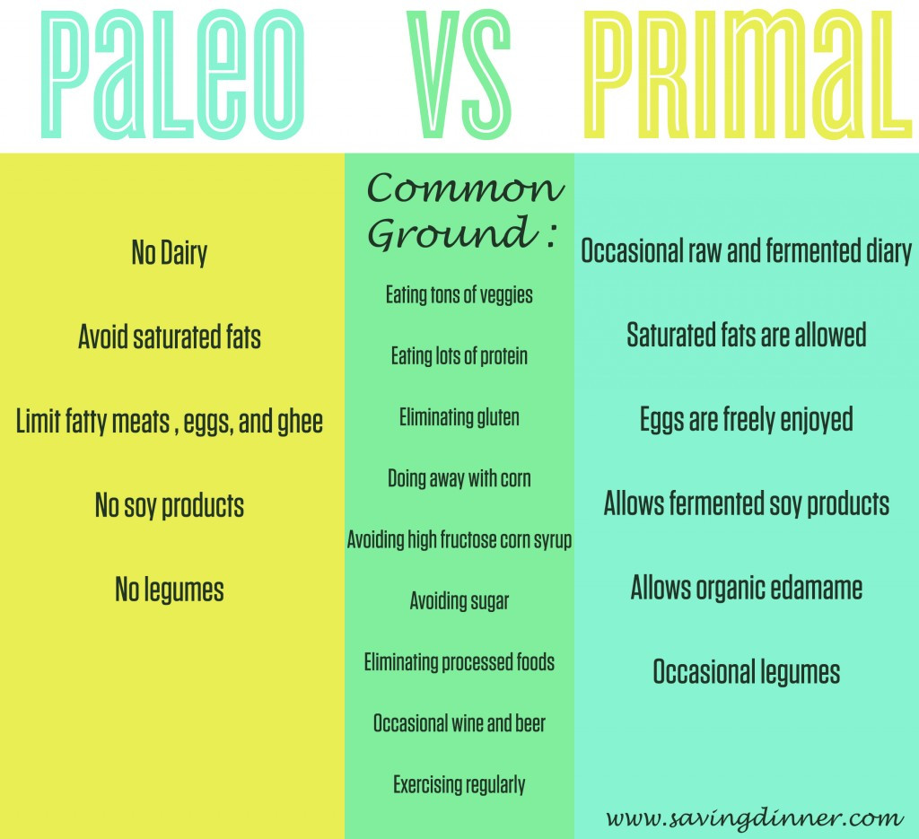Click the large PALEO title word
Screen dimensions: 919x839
click(x=173, y=75)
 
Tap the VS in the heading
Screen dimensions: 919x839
click(x=459, y=75)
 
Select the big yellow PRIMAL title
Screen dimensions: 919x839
click(x=748, y=75)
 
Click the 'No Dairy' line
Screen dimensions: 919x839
click(x=170, y=253)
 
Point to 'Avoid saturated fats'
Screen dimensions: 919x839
click(x=170, y=336)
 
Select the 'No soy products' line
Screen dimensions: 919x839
click(x=170, y=505)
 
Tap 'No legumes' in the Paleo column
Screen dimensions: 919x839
click(x=170, y=590)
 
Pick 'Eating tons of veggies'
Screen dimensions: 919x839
click(x=459, y=294)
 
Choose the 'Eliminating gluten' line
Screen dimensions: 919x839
click(x=459, y=418)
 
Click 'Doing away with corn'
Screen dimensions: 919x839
click(x=459, y=478)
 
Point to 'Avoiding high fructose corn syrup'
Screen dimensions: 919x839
click(x=459, y=539)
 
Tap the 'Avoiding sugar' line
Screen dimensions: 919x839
click(x=459, y=601)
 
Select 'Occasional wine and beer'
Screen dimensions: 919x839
click(x=459, y=723)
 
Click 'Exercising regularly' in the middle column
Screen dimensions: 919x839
click(x=459, y=784)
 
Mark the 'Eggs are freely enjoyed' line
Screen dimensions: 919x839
click(x=746, y=420)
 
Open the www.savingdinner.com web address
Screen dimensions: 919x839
click(x=754, y=817)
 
